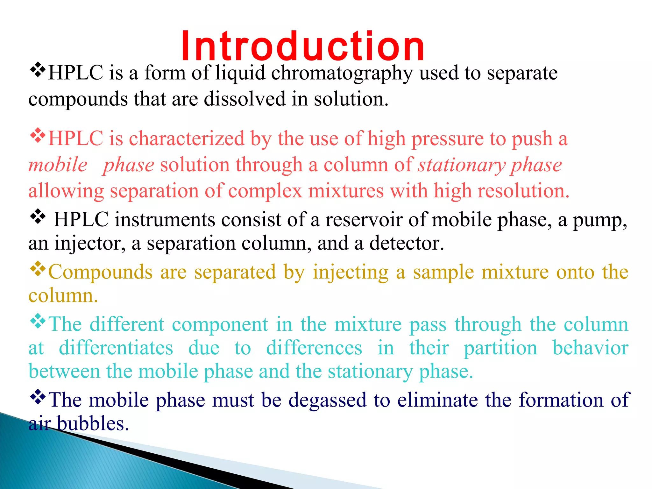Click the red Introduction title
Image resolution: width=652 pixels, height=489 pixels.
pos(302,46)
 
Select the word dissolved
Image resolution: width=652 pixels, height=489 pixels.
pos(244,99)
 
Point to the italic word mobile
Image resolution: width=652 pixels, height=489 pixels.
pos(58,165)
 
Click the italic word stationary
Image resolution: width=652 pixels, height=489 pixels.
pos(462,165)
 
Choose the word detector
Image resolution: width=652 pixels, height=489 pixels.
pos(407,244)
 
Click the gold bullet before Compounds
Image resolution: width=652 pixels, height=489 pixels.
pos(38,269)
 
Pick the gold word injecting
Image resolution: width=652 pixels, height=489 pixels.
pos(351,273)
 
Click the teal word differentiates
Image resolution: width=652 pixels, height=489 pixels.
pos(116,348)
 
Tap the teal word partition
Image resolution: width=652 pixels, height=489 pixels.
pos(500,348)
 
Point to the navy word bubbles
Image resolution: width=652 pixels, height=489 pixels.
pos(93,424)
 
